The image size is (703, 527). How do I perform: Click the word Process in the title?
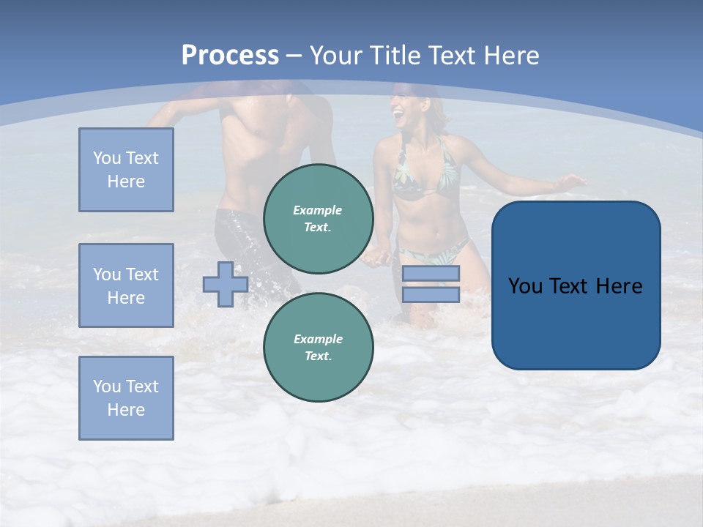[x=230, y=56]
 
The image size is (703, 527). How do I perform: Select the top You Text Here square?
[x=126, y=170]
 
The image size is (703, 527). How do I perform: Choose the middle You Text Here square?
[x=126, y=285]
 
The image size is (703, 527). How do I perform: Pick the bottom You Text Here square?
[x=126, y=398]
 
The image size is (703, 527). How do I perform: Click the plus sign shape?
[x=225, y=284]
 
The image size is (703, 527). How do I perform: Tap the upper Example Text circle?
[x=318, y=219]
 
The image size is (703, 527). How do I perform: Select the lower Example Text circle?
[x=318, y=348]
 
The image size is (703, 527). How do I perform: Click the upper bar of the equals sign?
[x=431, y=274]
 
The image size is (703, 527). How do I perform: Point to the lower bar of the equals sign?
[x=431, y=294]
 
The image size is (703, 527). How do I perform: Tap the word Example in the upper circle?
[x=318, y=211]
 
